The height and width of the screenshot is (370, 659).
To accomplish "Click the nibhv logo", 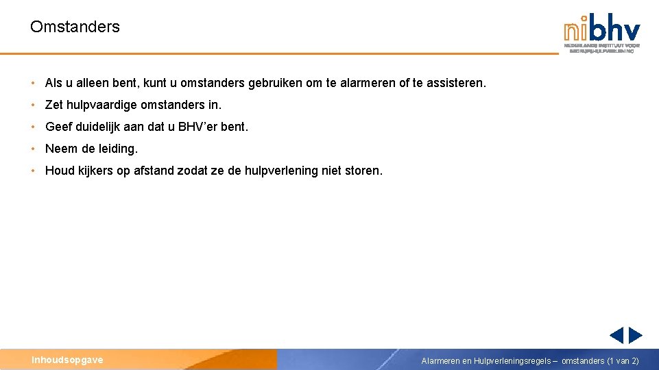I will [601, 32].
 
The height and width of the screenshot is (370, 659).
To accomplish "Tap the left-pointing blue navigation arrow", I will [616, 335].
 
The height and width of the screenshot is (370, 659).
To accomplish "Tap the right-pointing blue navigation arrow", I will [636, 335].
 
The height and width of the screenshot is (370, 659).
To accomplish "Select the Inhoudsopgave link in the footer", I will [67, 360].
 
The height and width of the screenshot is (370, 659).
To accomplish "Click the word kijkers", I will [95, 171].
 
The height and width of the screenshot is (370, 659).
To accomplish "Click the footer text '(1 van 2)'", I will [623, 360].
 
